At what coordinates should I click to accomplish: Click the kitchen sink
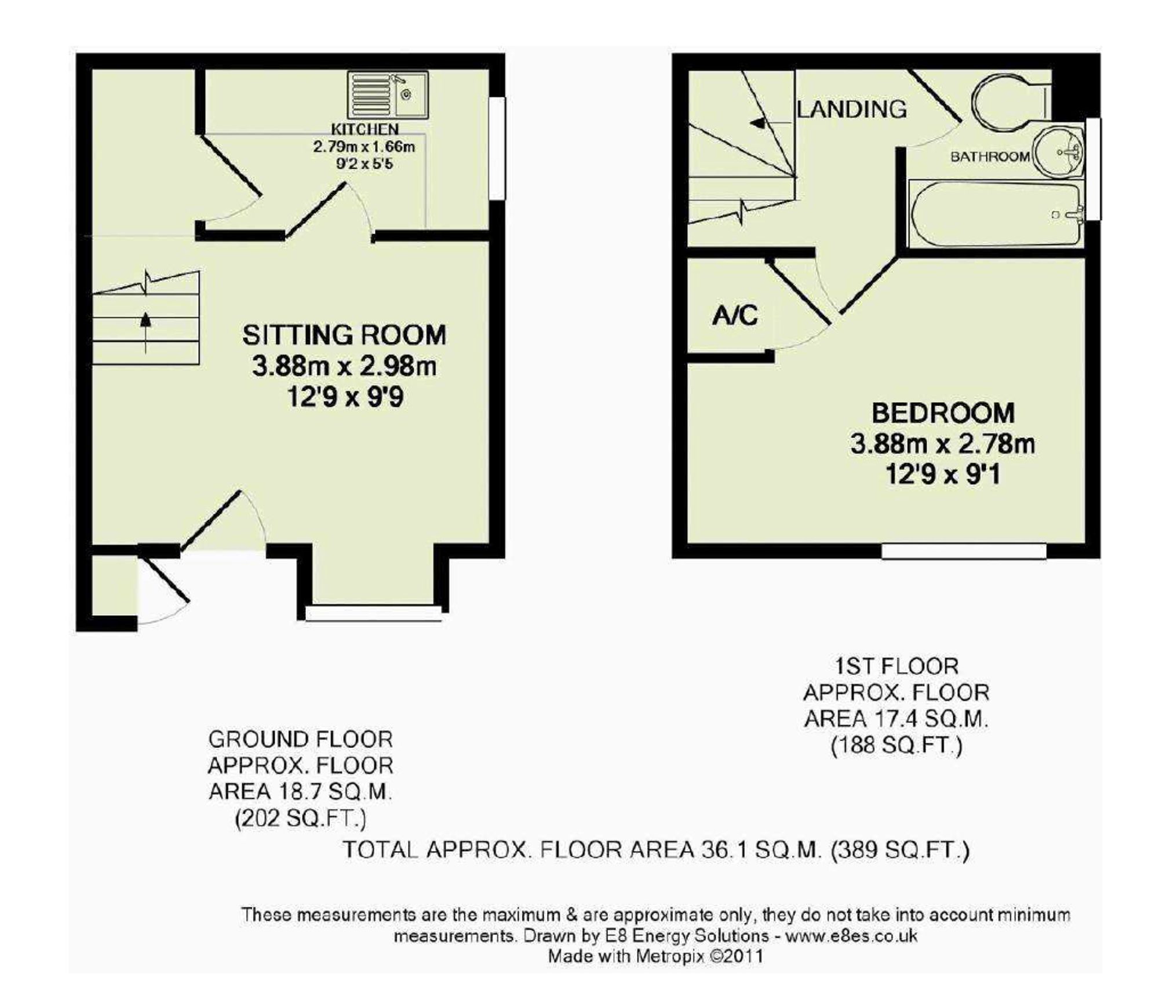coord(388,95)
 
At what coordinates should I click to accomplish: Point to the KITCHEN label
coord(365,129)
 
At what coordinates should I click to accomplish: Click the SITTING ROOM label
coord(344,335)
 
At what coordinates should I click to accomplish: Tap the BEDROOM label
coord(943,413)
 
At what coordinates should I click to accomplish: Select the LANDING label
coord(851,109)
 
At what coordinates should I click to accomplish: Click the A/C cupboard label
coord(735,316)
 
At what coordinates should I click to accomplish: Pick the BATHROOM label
coord(990,156)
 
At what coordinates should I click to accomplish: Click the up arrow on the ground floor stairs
coord(145,331)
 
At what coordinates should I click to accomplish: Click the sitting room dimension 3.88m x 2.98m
coord(344,366)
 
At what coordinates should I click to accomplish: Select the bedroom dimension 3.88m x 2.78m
coord(943,444)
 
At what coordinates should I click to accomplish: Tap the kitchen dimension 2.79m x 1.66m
coord(365,147)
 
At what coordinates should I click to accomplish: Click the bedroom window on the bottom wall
coord(964,550)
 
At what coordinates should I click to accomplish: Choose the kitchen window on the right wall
coord(497,148)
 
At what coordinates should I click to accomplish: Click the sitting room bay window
coord(374,613)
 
